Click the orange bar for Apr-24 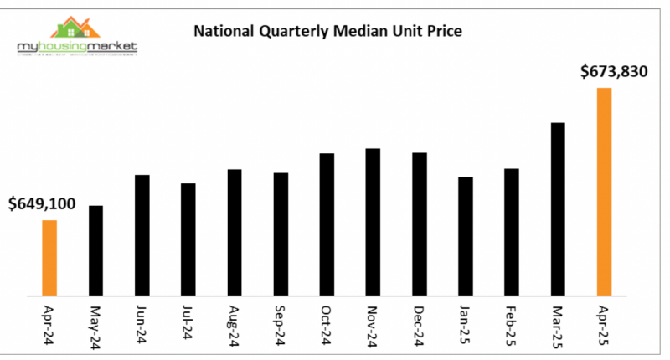[49, 258]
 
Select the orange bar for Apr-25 [604, 192]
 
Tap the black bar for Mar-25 [558, 209]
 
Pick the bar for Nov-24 [374, 222]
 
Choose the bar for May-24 [96, 250]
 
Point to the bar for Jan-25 [466, 236]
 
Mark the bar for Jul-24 [188, 239]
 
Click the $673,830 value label [614, 72]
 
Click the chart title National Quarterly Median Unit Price [328, 33]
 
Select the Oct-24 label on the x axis [327, 325]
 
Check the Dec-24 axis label [420, 325]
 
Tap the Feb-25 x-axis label [512, 325]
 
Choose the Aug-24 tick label [234, 325]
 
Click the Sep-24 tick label [281, 325]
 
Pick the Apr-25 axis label [604, 325]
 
